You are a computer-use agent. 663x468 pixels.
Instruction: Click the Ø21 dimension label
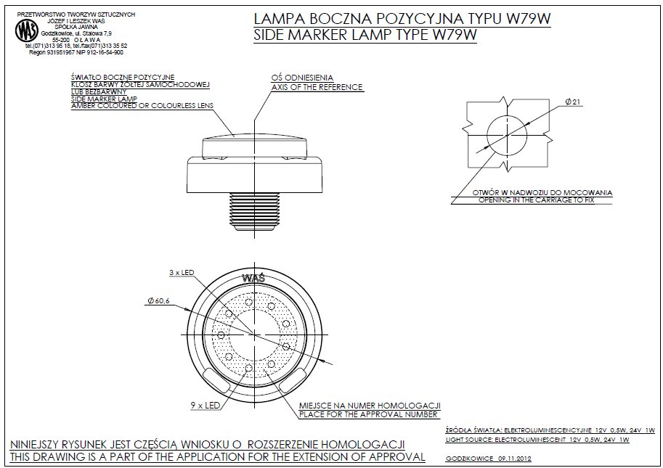573,102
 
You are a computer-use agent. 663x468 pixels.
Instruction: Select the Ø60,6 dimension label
158,300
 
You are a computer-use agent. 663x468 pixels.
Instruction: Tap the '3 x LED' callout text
182,272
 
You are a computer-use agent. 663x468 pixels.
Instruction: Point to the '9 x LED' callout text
206,406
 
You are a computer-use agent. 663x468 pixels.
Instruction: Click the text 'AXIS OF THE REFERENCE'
317,87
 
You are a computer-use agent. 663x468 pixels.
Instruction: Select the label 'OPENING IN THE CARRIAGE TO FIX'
537,200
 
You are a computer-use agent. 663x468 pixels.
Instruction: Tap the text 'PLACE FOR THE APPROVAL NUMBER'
368,414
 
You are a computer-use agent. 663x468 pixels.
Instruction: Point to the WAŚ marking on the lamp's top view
253,278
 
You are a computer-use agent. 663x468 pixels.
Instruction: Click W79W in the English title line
455,35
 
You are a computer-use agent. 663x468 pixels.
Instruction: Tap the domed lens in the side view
254,146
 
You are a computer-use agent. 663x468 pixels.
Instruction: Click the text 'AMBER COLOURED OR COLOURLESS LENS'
142,106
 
